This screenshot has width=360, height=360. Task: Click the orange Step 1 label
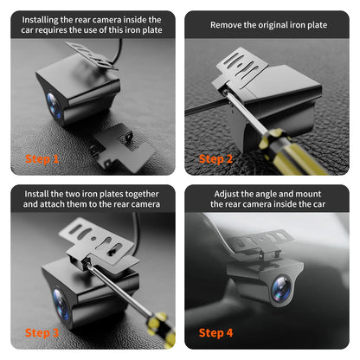pyautogui.click(x=42, y=159)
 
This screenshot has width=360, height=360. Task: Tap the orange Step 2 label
pyautogui.click(x=216, y=159)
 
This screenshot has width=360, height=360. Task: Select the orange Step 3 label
pyautogui.click(x=42, y=331)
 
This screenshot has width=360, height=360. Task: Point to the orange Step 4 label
pyautogui.click(x=216, y=331)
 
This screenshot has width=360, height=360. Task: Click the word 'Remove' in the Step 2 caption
pyautogui.click(x=228, y=25)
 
